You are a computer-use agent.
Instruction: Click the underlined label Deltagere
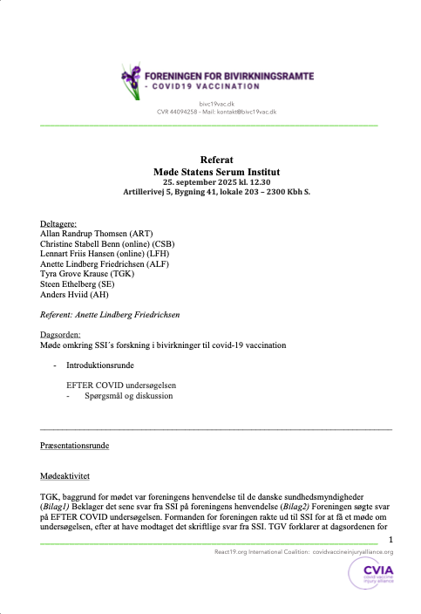(58, 223)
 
